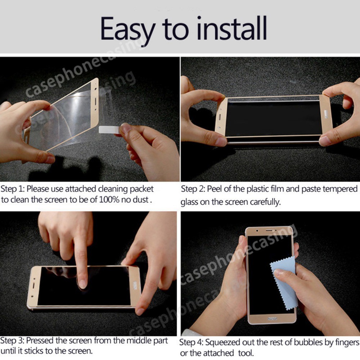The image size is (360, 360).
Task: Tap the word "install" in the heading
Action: (232, 28)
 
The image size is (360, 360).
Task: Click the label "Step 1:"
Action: (12, 189)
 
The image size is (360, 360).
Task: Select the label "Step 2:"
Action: (193, 189)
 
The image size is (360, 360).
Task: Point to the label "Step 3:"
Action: (12, 341)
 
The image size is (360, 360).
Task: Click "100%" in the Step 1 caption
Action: (109, 199)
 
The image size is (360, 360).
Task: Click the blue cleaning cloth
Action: (284, 283)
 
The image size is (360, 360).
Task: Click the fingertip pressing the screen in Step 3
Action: (82, 284)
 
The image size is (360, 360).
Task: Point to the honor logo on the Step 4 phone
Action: (272, 319)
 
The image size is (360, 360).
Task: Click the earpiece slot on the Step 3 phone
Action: (33, 286)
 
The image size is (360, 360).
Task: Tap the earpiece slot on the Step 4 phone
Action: (269, 230)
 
